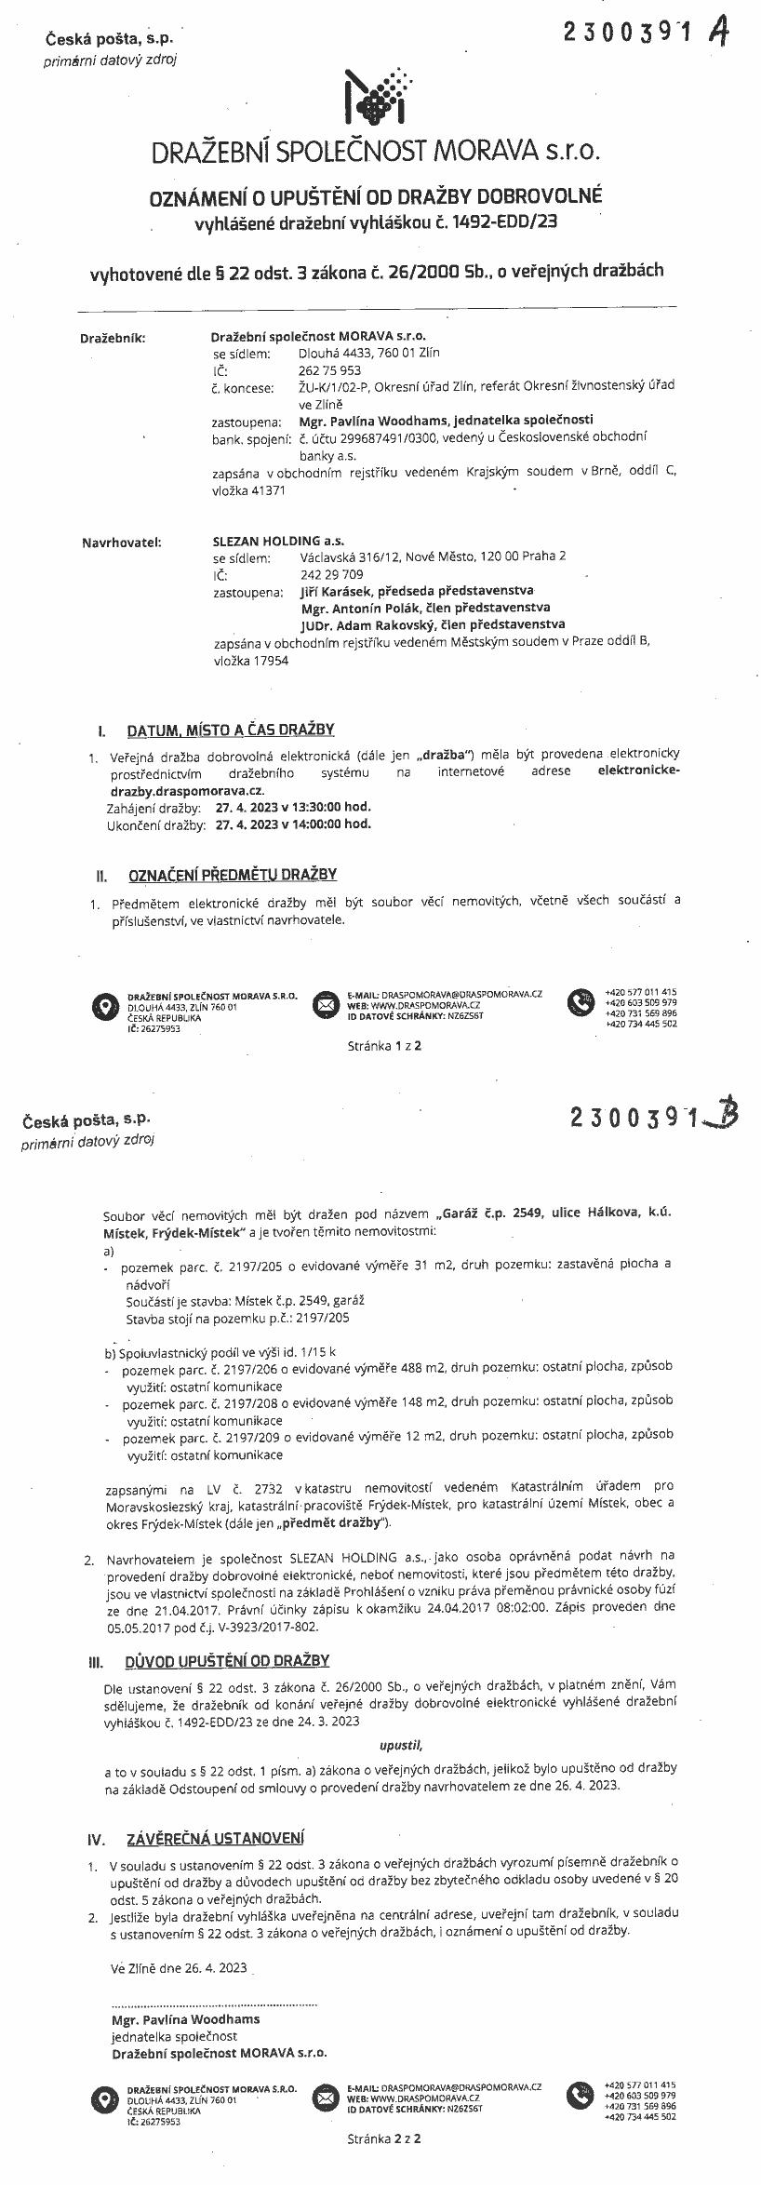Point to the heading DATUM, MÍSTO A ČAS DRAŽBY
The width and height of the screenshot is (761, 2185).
pos(230,731)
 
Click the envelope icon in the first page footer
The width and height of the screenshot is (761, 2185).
pos(326,1004)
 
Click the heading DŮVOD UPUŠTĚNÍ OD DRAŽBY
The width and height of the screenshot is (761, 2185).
pos(227,1660)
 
